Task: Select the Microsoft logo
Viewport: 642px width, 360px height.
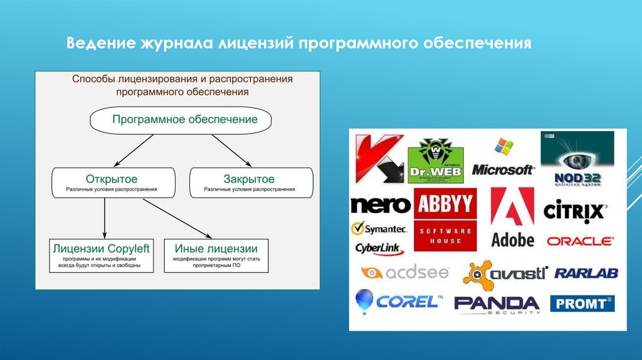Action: pos(503,159)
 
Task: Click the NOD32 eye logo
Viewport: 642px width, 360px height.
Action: pos(577,159)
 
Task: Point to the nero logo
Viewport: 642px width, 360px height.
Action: pos(381,206)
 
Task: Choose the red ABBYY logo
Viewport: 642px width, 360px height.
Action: pos(445,204)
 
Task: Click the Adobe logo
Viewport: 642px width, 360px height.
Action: pos(512,217)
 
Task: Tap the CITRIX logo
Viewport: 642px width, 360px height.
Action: pos(574,210)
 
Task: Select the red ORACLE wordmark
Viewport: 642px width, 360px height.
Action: pos(580,241)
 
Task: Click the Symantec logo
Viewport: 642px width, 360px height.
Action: pos(379,228)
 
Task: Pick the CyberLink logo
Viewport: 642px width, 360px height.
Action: pos(379,248)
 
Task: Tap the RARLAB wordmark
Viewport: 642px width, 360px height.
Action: pos(586,273)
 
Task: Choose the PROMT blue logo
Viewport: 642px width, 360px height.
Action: pos(582,304)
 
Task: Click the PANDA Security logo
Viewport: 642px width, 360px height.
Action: pos(497,304)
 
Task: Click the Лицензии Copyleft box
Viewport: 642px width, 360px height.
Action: pos(102,255)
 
